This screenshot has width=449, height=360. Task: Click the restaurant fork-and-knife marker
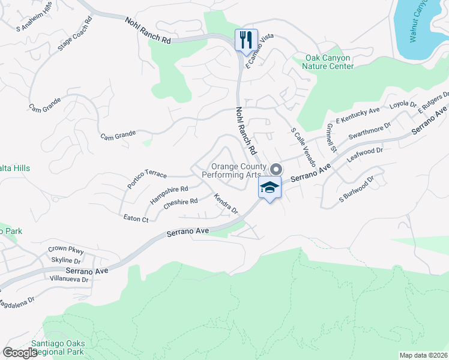point(246,40)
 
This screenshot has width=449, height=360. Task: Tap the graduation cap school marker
point(270,187)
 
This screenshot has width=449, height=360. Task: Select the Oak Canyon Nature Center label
point(330,62)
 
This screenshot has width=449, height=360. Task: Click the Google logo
point(20,353)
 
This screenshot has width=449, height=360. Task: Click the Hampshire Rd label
point(169,195)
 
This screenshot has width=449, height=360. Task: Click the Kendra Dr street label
point(226,204)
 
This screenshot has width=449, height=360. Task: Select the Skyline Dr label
point(65,261)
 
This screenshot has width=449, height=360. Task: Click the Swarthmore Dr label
point(369,130)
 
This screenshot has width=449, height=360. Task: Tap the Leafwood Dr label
point(365,155)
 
